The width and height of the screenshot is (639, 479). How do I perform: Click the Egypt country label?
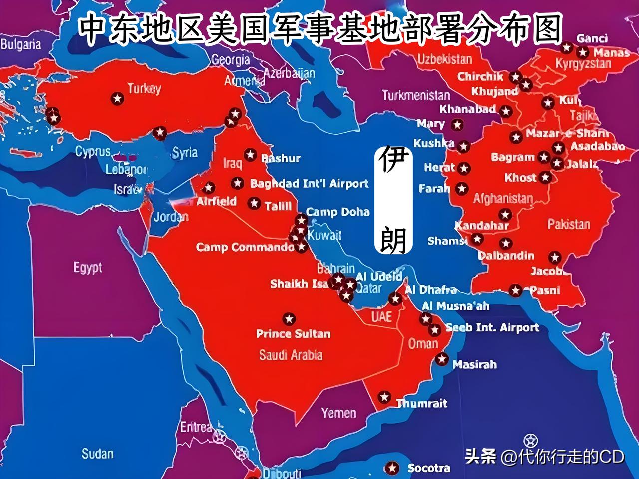click(88, 268)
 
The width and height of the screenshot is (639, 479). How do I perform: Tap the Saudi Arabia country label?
click(291, 355)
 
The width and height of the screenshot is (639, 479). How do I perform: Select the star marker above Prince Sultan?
click(289, 319)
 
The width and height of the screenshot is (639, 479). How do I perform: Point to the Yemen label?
click(339, 413)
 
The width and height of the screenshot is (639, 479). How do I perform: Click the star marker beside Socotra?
click(392, 468)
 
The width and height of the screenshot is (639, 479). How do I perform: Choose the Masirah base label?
click(474, 365)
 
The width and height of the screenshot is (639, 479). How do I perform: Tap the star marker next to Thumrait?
click(384, 397)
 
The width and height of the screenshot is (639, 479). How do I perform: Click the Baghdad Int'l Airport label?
click(309, 184)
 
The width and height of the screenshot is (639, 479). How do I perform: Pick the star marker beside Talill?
click(254, 203)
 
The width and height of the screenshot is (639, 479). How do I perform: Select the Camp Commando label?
click(245, 247)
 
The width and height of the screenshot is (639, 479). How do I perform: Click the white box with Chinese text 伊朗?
click(394, 200)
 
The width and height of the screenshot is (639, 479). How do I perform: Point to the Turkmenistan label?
click(416, 95)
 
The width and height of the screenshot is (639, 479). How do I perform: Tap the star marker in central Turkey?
click(117, 98)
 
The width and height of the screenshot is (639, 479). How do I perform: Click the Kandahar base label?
click(481, 225)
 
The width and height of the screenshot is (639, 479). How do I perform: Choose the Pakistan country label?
click(569, 224)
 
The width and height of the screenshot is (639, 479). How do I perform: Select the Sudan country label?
click(97, 454)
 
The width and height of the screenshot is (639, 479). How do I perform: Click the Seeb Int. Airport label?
click(492, 328)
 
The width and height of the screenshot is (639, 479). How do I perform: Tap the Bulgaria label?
click(20, 44)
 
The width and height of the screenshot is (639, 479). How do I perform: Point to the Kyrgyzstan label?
click(583, 64)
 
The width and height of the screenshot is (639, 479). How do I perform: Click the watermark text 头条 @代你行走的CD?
click(544, 456)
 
